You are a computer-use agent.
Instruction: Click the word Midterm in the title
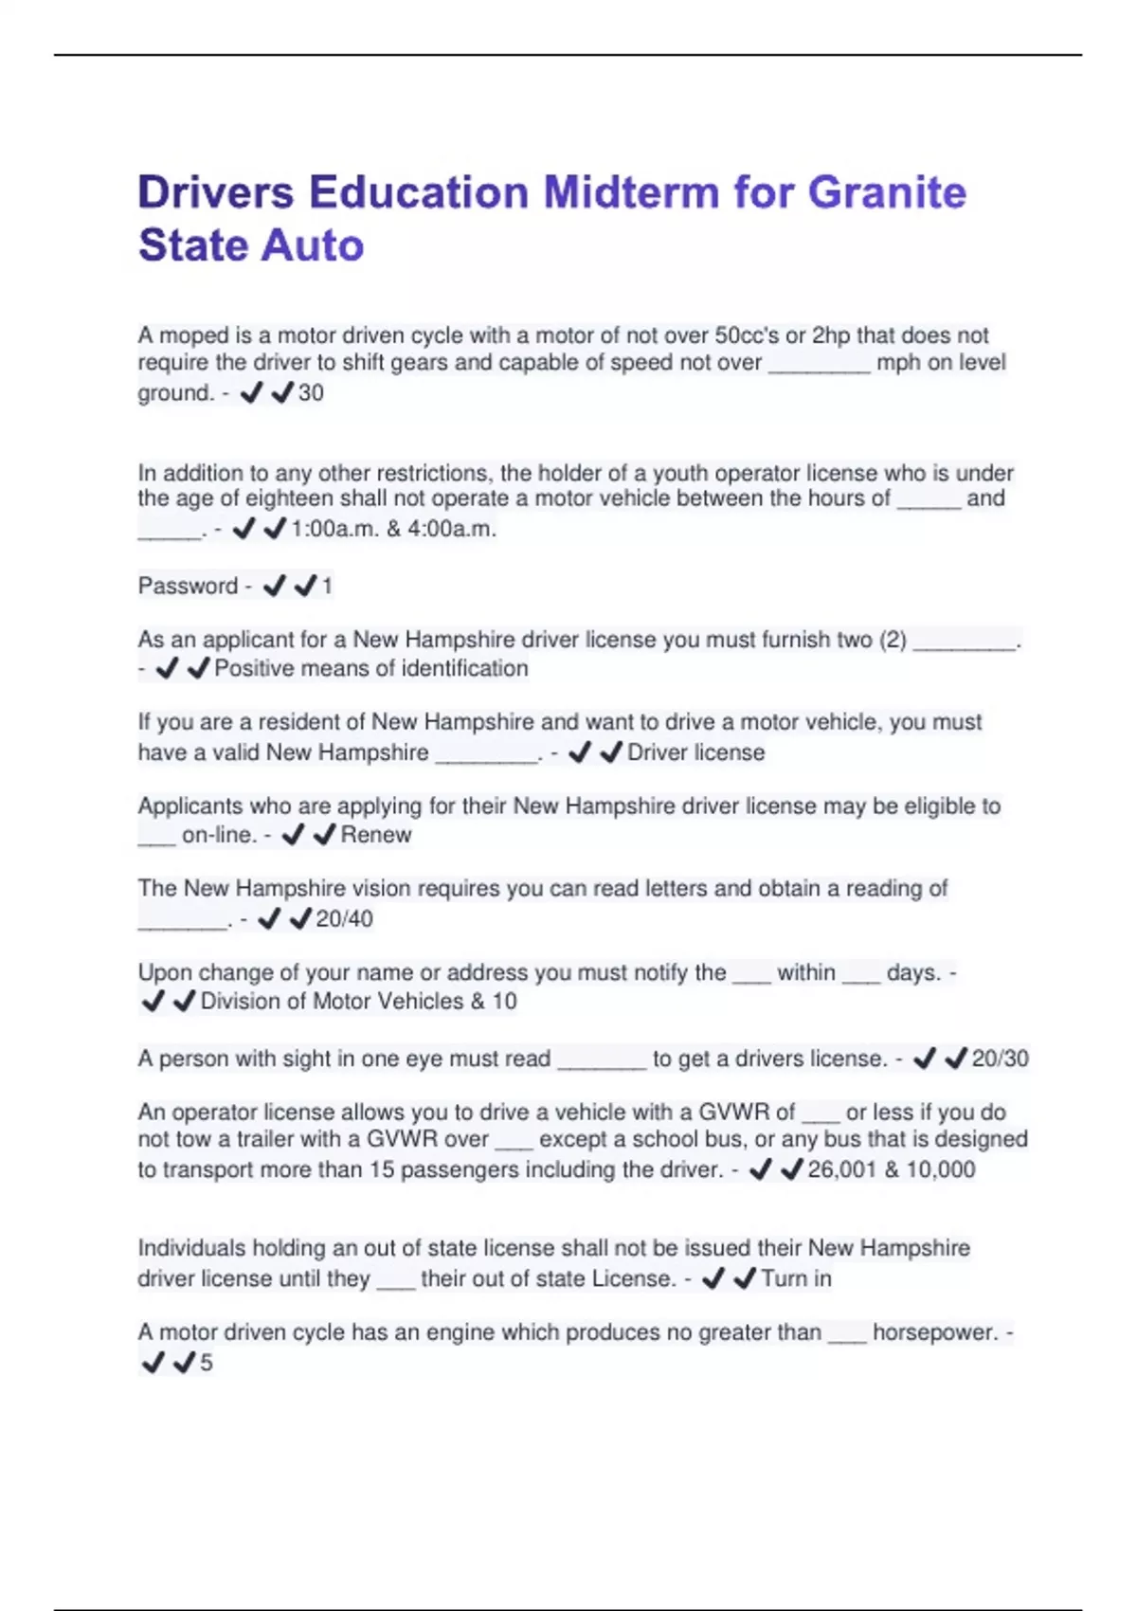[632, 192]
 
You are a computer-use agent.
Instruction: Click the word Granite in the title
[887, 192]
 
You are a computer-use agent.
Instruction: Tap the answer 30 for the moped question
[311, 393]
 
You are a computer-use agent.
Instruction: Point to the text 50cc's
[747, 335]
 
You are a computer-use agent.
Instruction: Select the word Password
[188, 586]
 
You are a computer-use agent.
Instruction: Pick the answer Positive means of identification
[371, 669]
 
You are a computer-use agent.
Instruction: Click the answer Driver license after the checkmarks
[695, 752]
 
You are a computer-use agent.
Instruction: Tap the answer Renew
[376, 835]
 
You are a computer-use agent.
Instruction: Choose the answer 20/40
[344, 919]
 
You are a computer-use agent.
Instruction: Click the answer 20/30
[1000, 1059]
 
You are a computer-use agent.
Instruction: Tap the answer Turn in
[796, 1279]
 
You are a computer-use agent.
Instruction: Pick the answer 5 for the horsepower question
[207, 1364]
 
